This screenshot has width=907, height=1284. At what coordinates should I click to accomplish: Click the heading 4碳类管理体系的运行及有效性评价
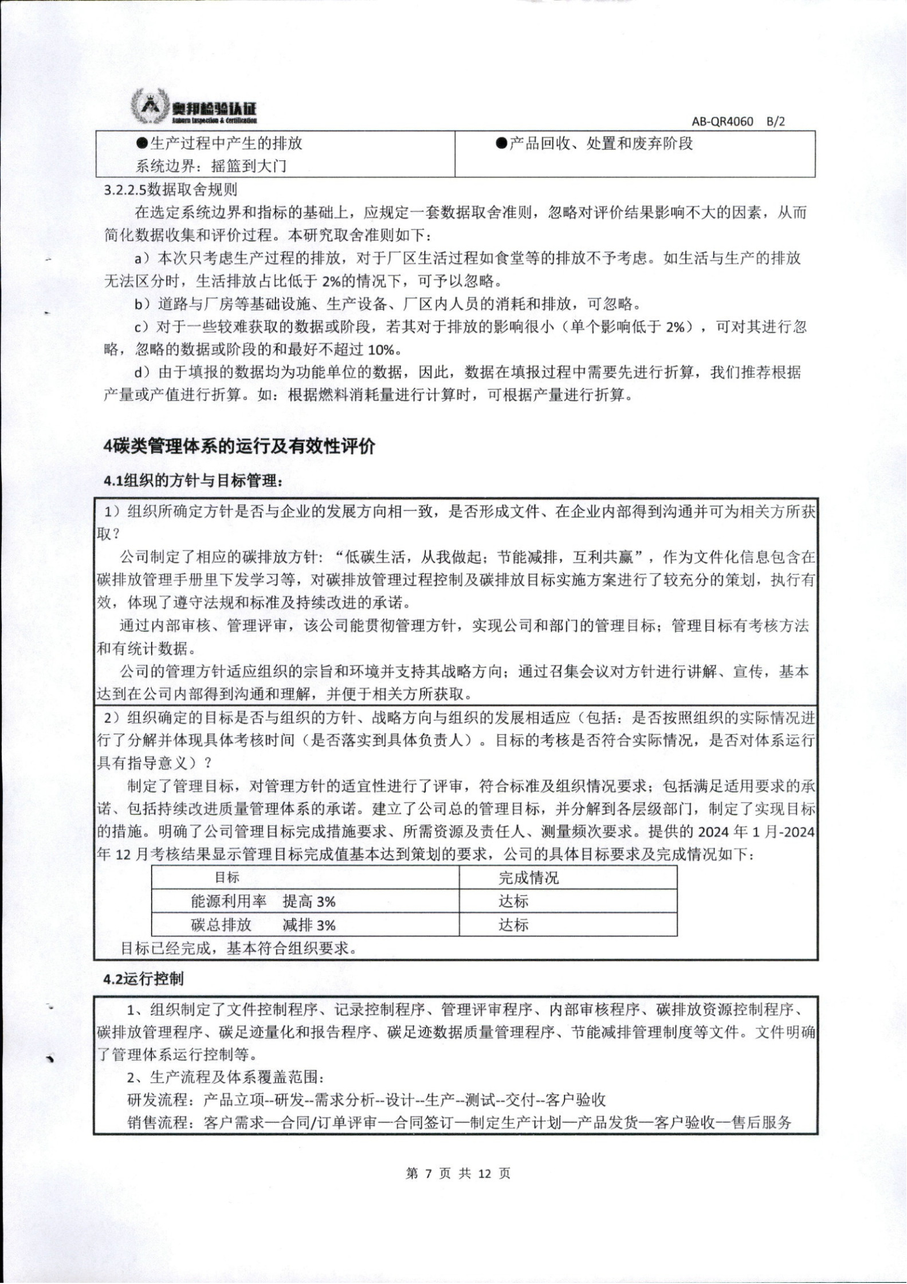239,446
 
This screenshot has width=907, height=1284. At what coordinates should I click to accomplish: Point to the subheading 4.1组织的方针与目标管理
193,480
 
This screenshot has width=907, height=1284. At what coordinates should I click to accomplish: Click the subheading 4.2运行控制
143,978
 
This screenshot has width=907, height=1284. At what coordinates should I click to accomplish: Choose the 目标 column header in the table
227,877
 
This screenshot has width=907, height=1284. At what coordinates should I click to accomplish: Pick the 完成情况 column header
528,878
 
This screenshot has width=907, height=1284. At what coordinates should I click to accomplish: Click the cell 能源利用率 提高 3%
263,901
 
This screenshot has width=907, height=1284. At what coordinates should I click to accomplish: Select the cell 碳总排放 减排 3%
263,925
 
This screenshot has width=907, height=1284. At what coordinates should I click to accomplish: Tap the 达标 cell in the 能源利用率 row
513,901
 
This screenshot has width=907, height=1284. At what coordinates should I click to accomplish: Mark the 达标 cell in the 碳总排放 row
513,925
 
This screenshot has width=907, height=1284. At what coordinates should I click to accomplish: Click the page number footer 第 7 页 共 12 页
457,1173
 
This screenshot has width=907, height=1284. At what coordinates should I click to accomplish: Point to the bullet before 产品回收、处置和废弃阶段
502,144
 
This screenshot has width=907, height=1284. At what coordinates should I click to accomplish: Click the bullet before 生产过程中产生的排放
142,144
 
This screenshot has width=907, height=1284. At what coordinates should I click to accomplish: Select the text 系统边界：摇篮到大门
210,167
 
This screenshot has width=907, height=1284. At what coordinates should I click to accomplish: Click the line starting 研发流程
367,1100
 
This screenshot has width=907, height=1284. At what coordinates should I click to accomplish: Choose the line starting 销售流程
459,1122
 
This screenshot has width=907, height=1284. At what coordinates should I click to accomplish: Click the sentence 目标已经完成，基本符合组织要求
239,948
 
